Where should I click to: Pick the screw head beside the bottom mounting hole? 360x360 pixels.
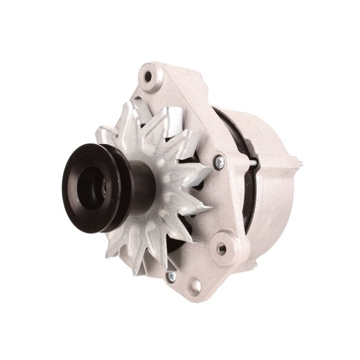pyautogui.click(x=171, y=276)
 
